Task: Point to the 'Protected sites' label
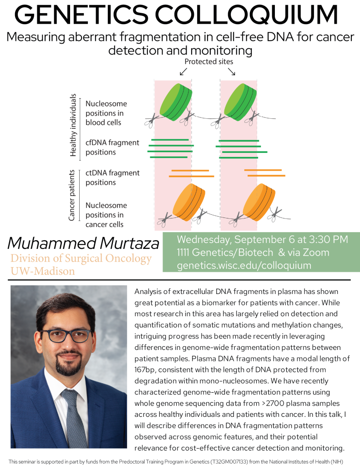tap(209, 62)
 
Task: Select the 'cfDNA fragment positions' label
tap(112, 147)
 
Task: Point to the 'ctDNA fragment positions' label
tap(112, 177)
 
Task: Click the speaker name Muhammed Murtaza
tap(83, 243)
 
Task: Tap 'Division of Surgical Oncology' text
tap(81, 258)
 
